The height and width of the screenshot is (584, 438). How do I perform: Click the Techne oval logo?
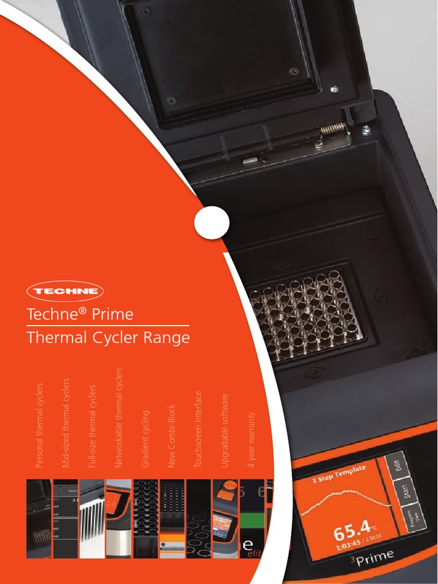click(65, 291)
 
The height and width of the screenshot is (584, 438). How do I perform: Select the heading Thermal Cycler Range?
click(108, 338)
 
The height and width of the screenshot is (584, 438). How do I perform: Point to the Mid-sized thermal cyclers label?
click(66, 423)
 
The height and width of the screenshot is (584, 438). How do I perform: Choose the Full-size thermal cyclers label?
click(92, 426)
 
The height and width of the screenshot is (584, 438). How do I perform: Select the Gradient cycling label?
click(145, 439)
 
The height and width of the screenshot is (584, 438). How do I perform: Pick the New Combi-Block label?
click(172, 436)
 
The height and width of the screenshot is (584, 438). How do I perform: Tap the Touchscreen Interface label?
click(198, 429)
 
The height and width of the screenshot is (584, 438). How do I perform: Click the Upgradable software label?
click(225, 430)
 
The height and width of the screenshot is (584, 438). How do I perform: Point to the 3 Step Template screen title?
click(339, 473)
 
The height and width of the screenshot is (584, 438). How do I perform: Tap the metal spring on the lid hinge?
click(332, 129)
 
